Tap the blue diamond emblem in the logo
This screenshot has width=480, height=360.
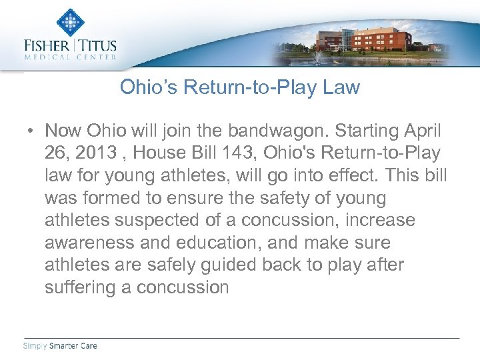70,22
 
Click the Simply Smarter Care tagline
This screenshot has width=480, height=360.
60,345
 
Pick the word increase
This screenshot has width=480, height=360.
379,220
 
